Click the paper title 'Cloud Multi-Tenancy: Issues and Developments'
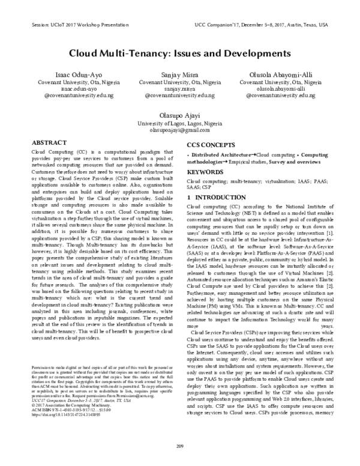click(180, 53)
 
